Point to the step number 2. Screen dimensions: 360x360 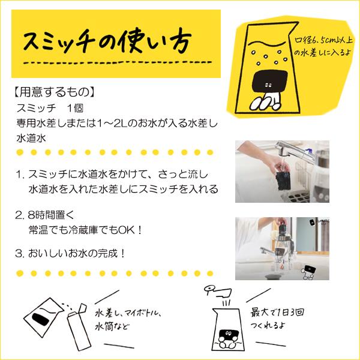click(20, 215)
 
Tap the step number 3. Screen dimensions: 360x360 click(20, 253)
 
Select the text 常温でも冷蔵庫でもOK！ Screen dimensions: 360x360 click(84, 229)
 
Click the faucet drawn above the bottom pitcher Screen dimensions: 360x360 click(214, 291)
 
